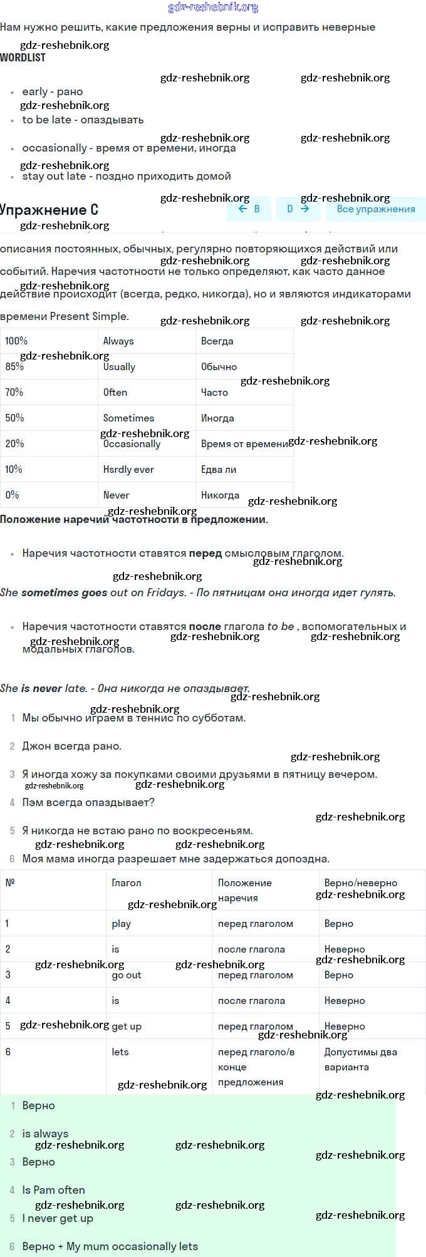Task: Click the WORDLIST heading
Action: click(23, 58)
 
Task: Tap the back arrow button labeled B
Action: click(249, 209)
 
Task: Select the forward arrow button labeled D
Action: click(298, 209)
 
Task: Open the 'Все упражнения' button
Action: click(375, 209)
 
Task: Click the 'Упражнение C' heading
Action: click(49, 210)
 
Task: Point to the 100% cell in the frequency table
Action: click(16, 341)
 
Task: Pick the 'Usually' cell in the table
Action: click(119, 367)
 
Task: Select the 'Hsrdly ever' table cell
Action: click(128, 469)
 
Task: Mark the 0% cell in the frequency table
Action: click(12, 495)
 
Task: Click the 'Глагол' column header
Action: click(126, 882)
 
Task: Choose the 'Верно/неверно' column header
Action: click(360, 882)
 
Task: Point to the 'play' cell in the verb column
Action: click(121, 923)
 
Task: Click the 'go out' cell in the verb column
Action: click(126, 975)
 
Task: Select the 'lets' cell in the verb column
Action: click(120, 1052)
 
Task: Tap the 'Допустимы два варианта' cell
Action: click(360, 1059)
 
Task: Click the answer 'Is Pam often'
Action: click(53, 1190)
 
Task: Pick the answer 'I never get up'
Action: click(58, 1218)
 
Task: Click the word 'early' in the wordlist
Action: click(34, 91)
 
